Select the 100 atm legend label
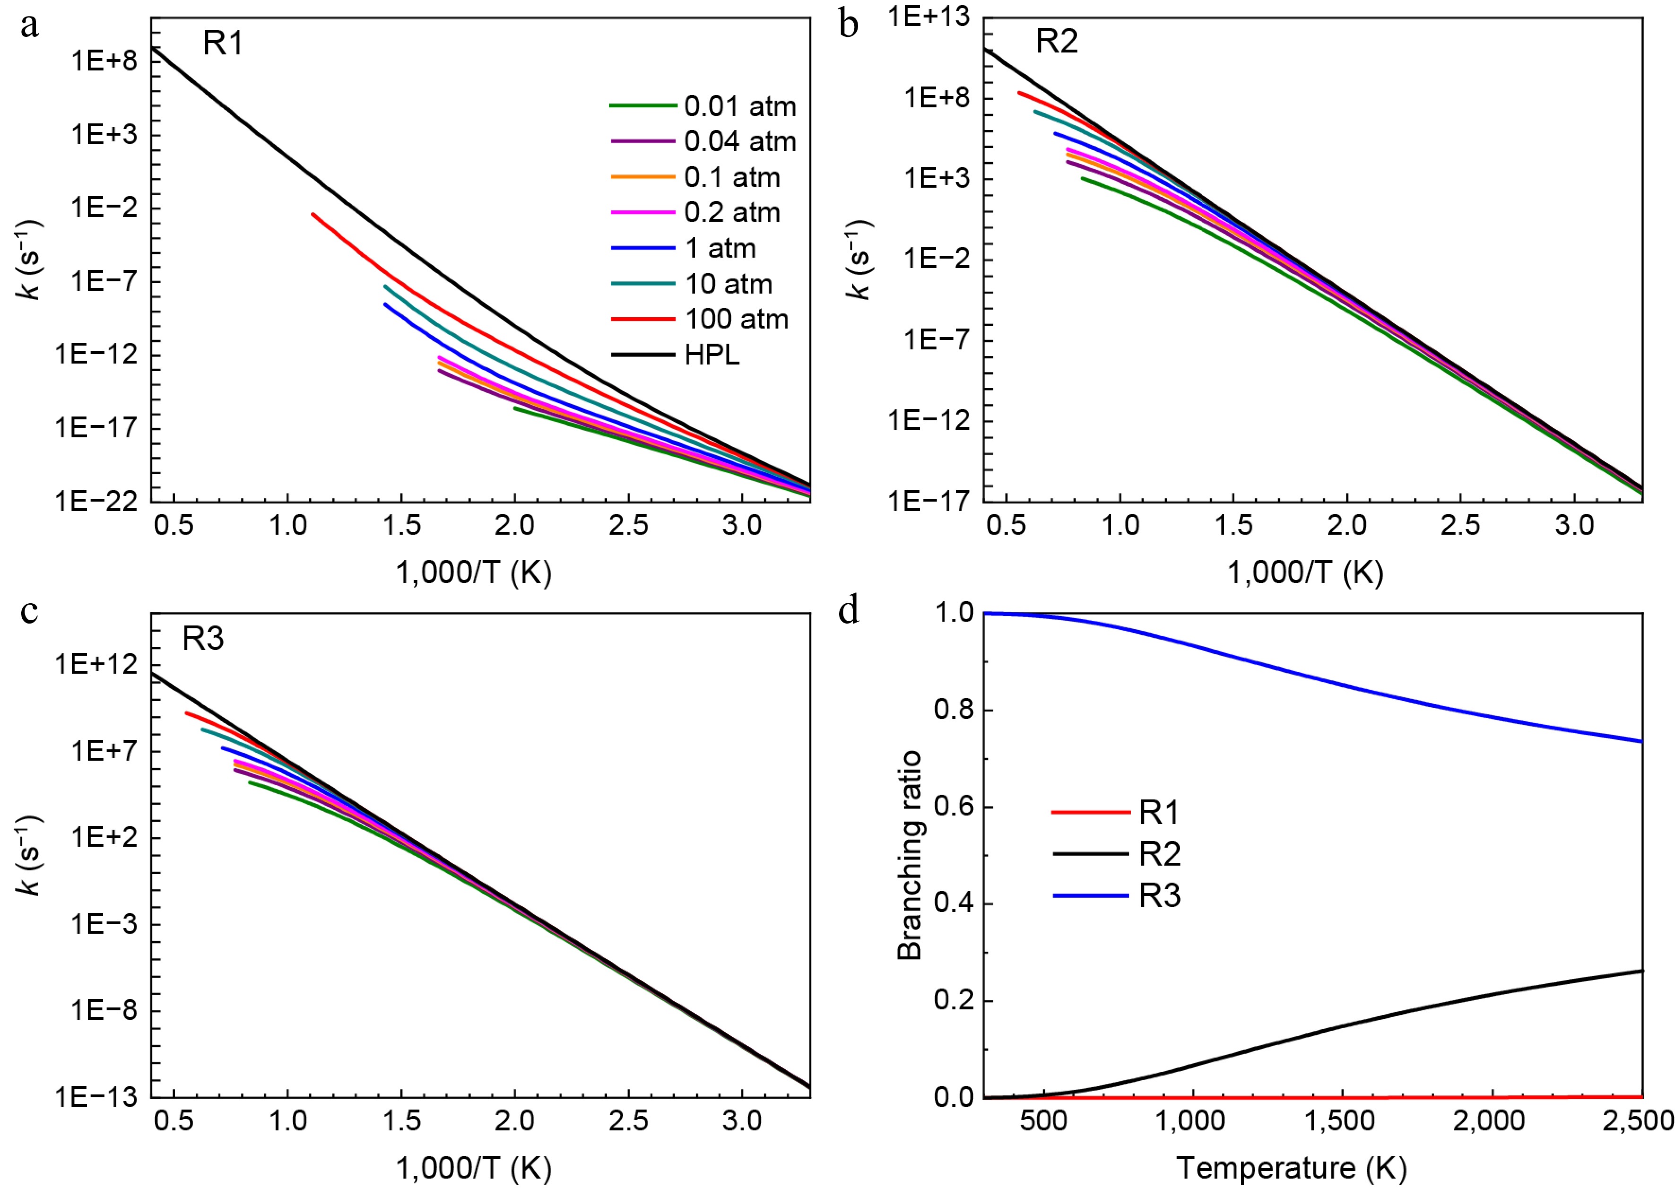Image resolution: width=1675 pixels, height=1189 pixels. tap(736, 319)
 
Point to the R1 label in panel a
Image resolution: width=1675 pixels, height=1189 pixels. tap(223, 44)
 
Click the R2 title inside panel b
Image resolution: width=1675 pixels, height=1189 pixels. tap(1057, 41)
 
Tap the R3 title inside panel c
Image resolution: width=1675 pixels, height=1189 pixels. tap(203, 639)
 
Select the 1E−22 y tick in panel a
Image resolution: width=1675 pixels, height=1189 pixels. tap(96, 502)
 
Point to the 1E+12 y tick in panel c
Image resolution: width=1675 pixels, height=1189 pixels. tap(96, 664)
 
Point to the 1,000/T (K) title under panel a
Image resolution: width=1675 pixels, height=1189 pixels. tap(474, 573)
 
